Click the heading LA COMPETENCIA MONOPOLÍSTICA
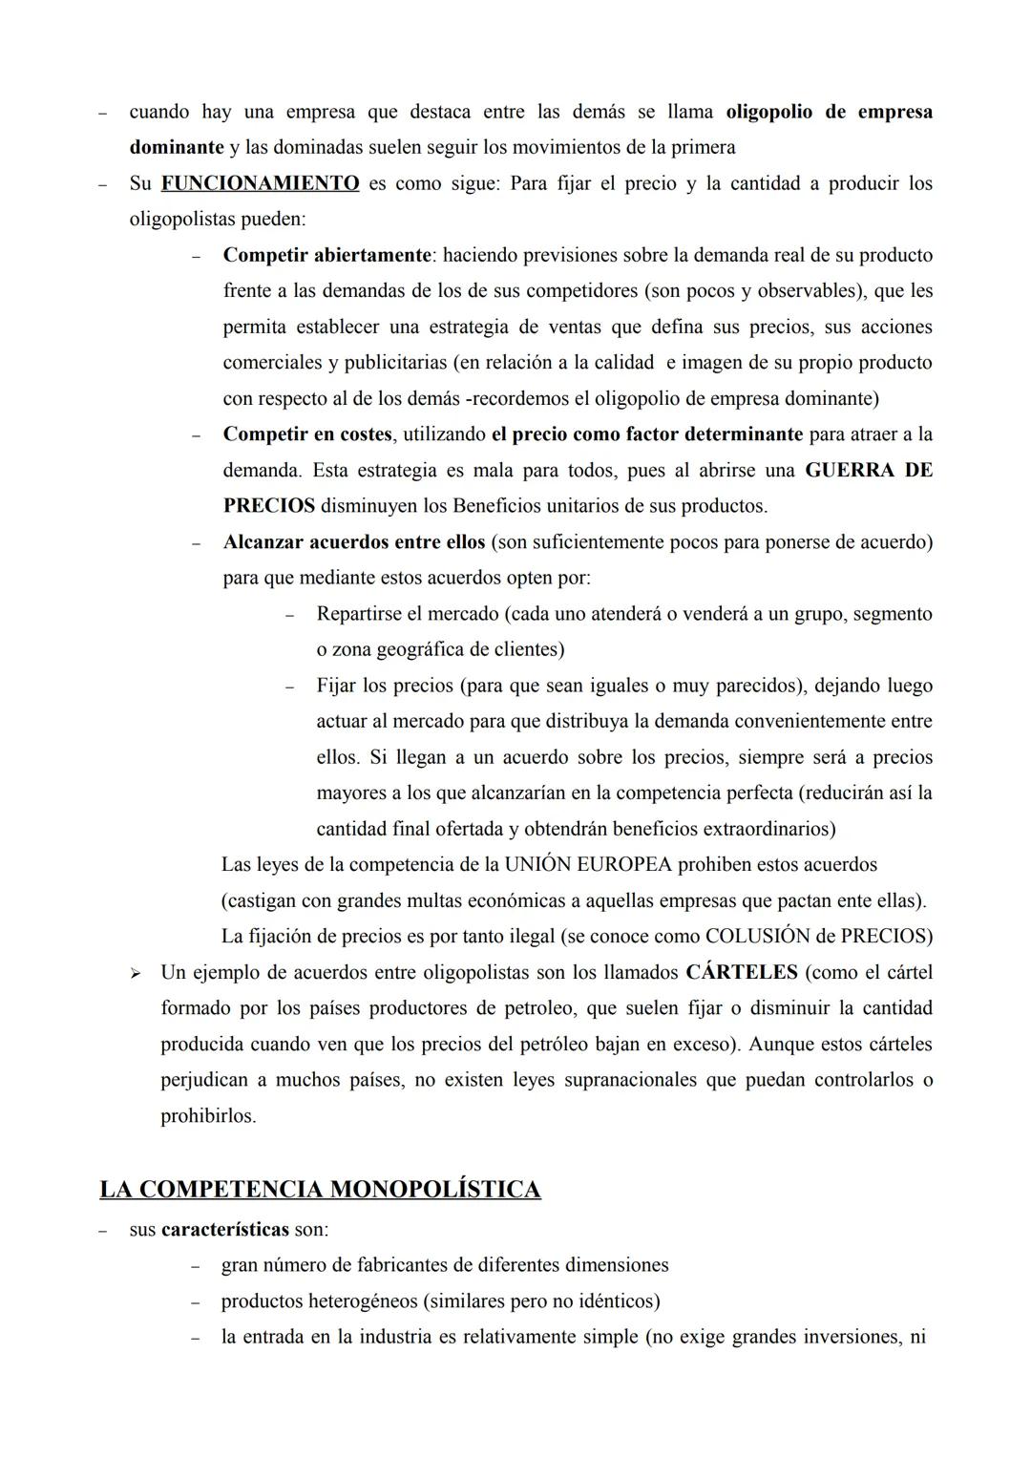pos(320,1189)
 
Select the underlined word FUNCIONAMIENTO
pos(260,183)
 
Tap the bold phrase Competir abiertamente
pos(326,255)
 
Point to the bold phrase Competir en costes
pos(307,434)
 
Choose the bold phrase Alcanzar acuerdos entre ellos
pos(354,542)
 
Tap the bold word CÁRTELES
pos(742,972)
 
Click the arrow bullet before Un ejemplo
pos(135,973)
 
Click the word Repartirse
pos(360,614)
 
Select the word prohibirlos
pos(208,1115)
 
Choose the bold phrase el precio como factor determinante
pos(647,434)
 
